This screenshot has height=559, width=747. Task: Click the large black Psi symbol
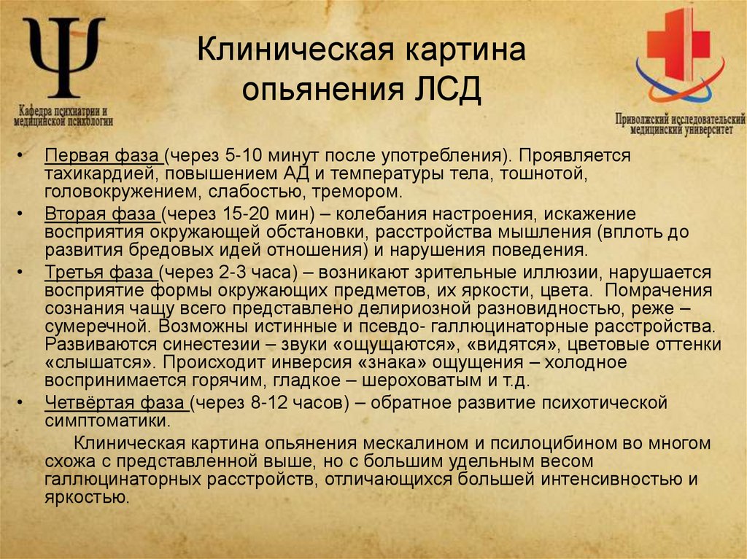[65, 58]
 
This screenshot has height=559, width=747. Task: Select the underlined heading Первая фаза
[101, 156]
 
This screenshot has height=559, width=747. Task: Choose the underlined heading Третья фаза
[99, 272]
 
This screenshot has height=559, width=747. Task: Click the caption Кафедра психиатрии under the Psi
[64, 114]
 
